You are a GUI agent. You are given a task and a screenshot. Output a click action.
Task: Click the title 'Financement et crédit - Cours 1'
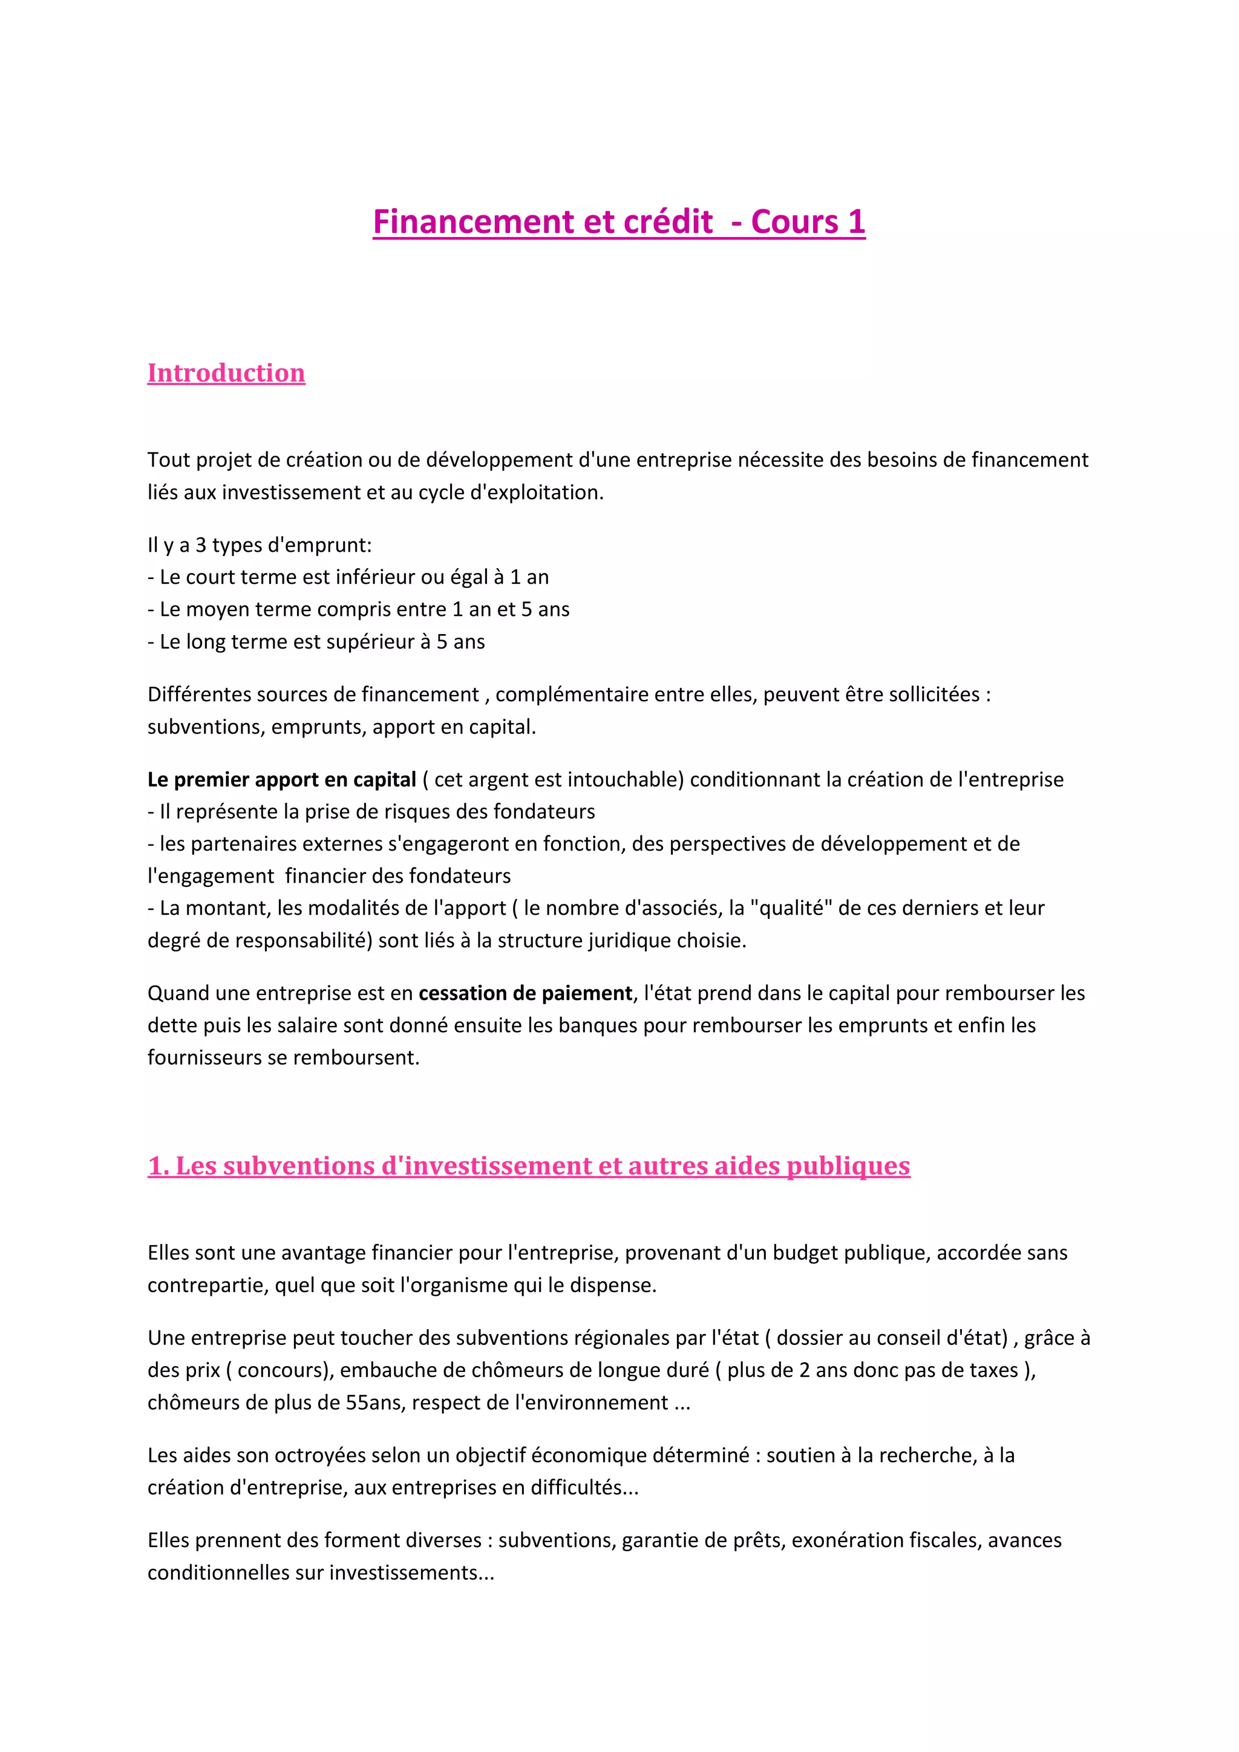[619, 222]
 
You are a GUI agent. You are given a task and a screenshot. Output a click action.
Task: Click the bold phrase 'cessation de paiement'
[525, 993]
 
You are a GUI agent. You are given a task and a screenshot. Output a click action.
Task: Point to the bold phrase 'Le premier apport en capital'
[281, 779]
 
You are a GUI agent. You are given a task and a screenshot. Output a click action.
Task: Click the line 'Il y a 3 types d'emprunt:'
[260, 545]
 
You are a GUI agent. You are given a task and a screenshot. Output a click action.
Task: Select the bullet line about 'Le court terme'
[348, 577]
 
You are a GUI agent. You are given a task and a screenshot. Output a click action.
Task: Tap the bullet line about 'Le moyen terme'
[359, 609]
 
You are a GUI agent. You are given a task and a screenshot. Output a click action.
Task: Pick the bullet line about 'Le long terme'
[316, 642]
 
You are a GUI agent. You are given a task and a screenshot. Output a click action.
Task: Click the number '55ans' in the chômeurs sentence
[372, 1402]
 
